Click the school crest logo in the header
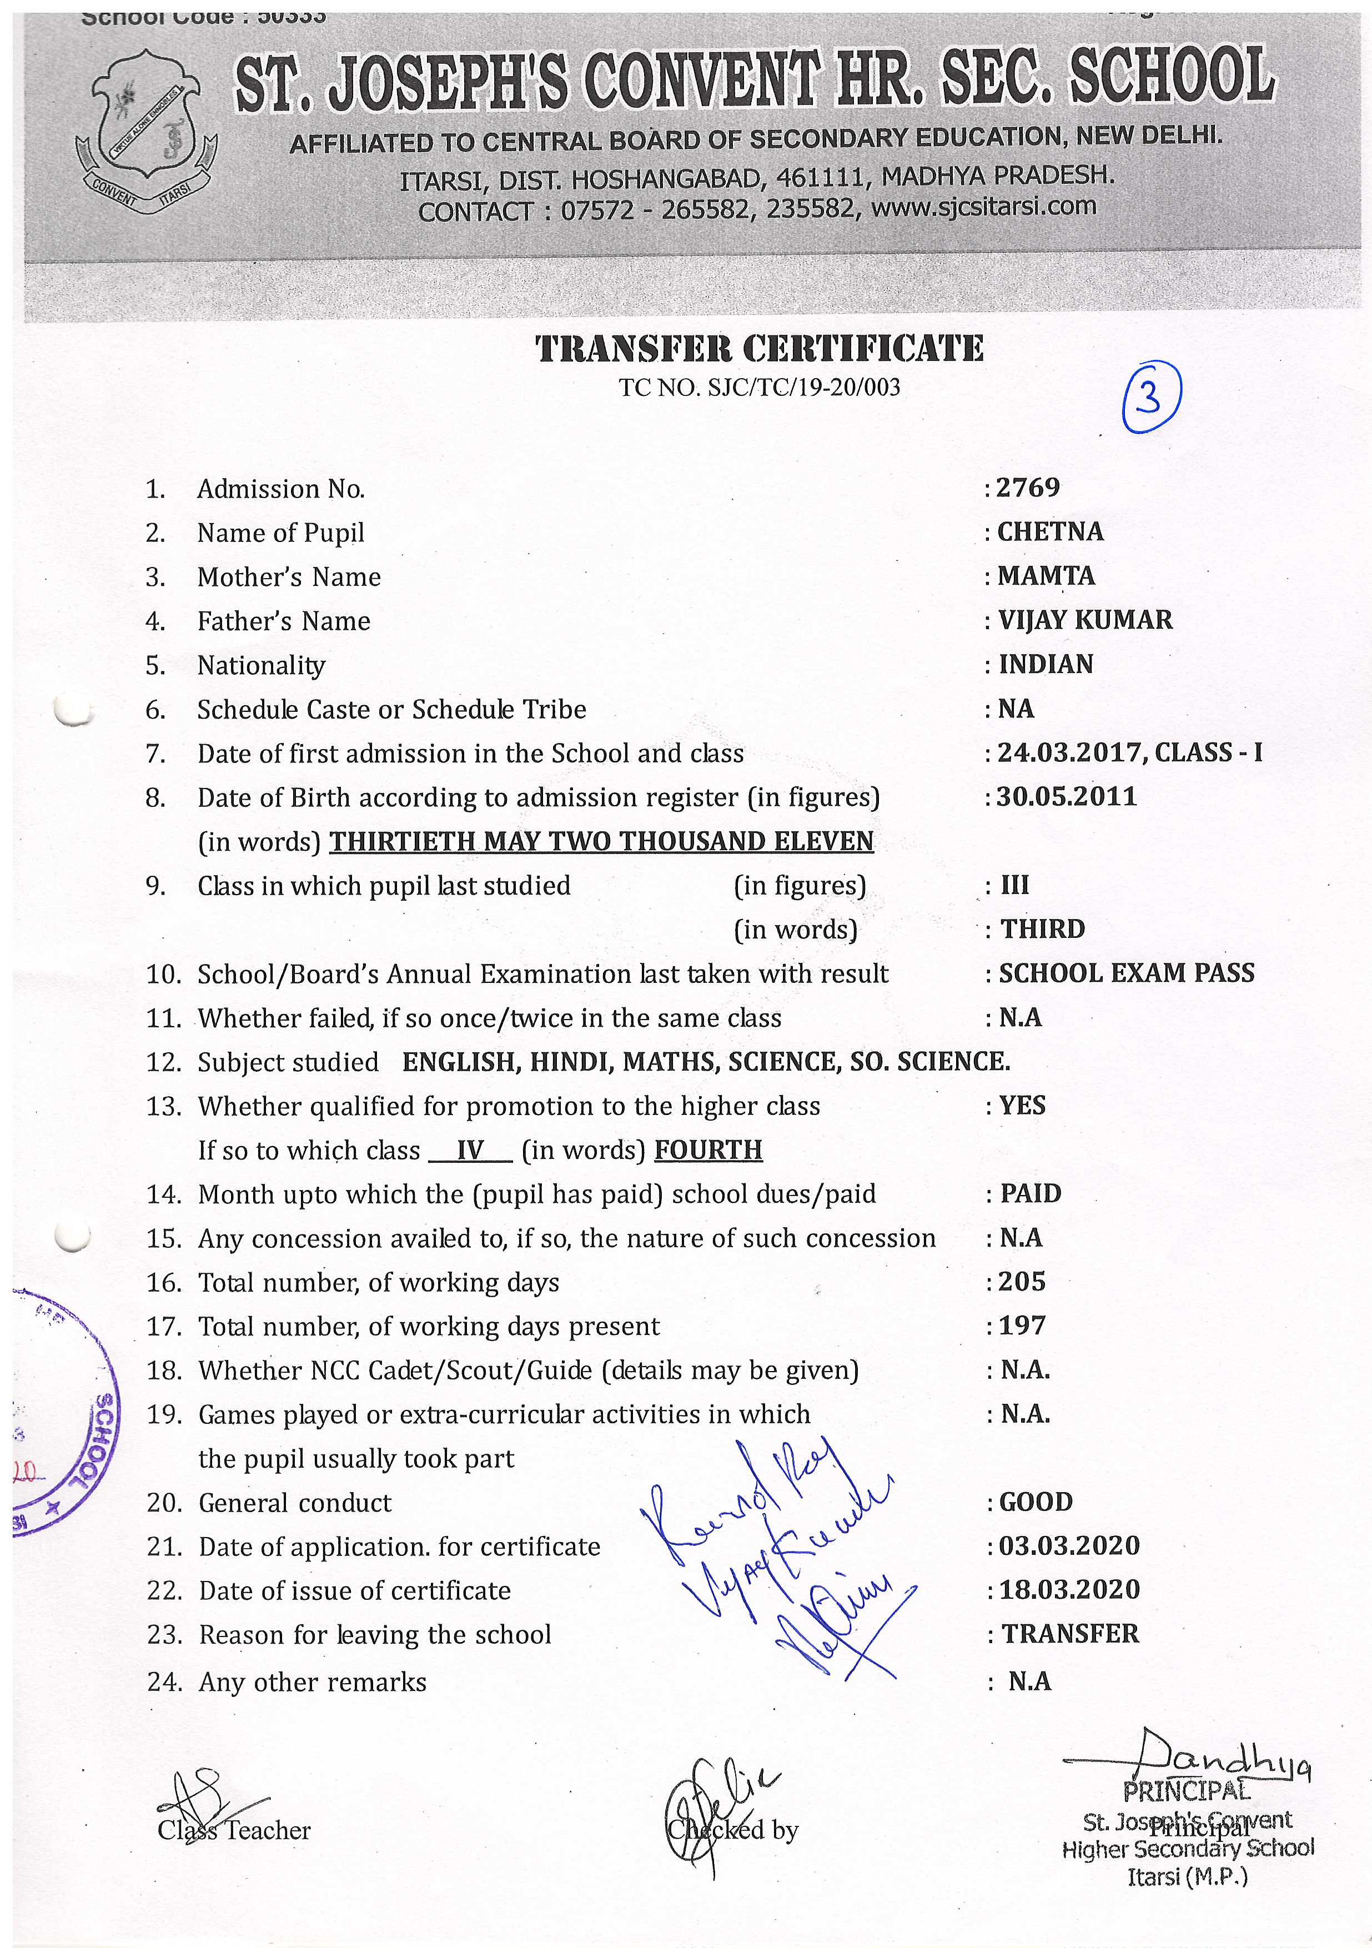pos(146,130)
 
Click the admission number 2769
pos(1028,488)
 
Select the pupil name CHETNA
pos(1049,532)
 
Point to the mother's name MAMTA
pos(1046,576)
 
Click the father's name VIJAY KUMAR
pos(1085,620)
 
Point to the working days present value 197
pos(1022,1326)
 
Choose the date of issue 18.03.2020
pos(1068,1590)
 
